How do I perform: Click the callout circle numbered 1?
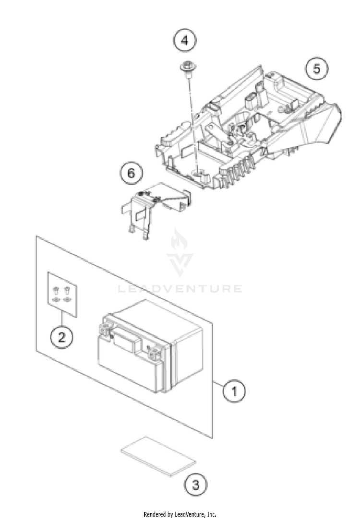234,391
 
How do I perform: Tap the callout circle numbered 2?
62,337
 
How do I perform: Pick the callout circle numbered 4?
185,41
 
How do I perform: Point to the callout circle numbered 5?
316,69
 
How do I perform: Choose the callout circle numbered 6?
131,173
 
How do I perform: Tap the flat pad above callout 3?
159,455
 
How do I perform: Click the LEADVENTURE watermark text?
180,289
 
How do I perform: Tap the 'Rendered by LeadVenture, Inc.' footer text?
180,514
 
